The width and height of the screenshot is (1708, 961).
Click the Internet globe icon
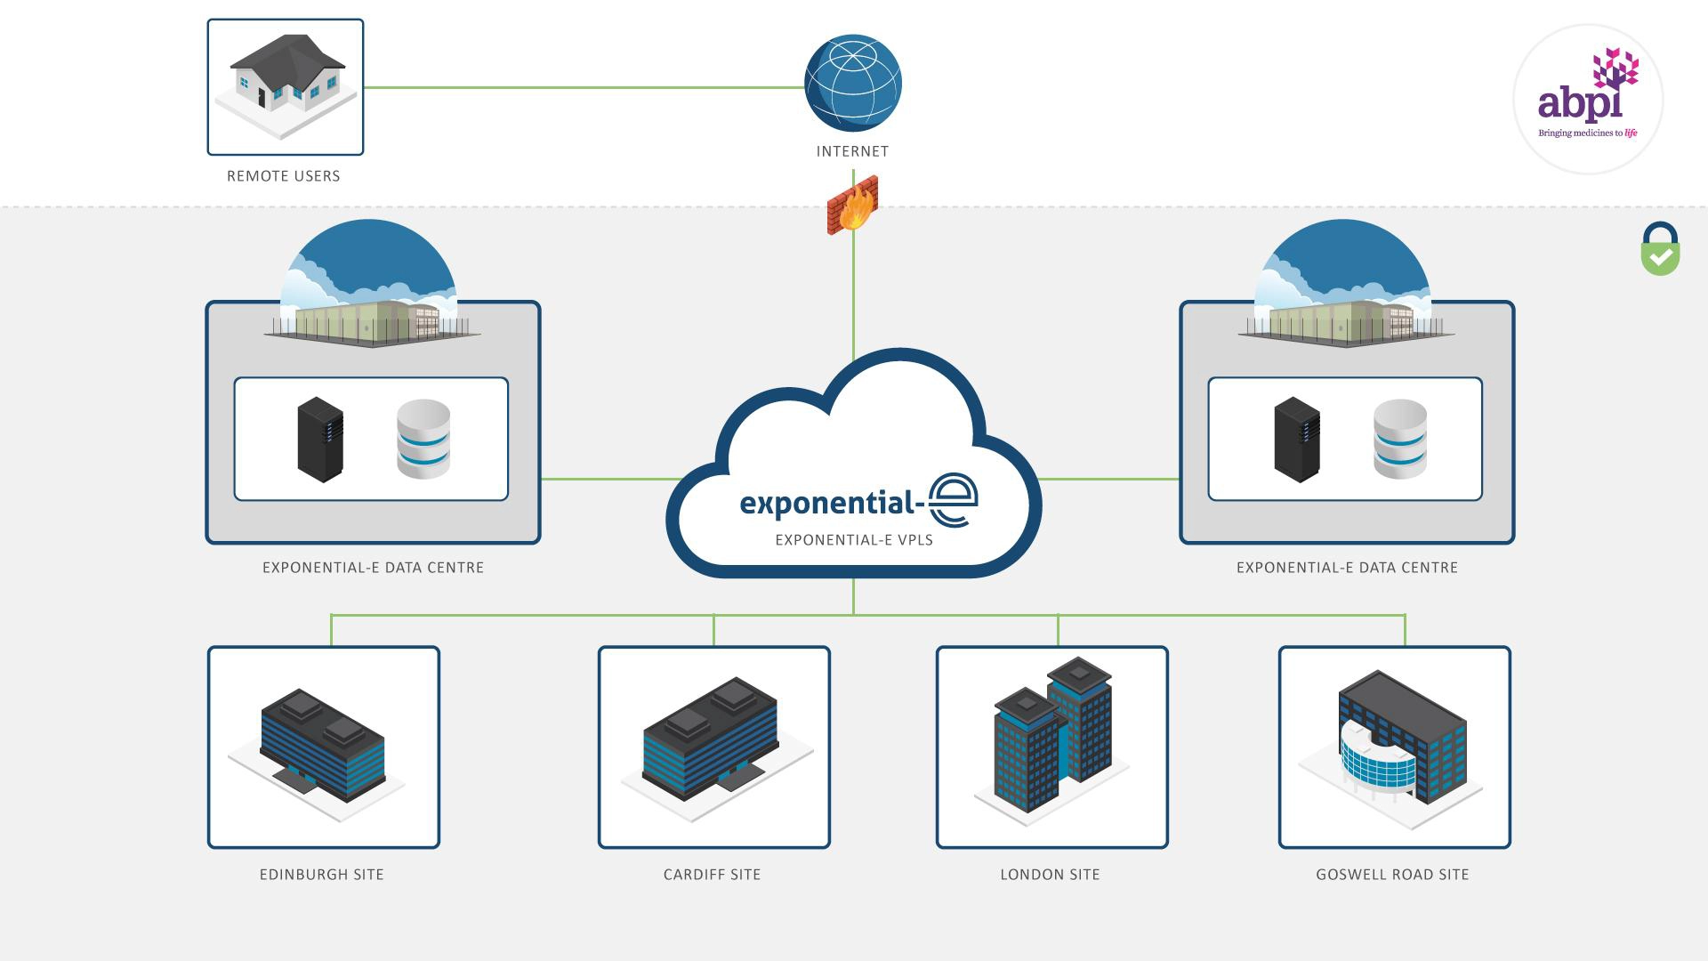coord(852,83)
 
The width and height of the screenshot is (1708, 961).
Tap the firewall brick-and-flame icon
coord(852,206)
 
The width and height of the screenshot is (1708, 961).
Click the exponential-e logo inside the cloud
coord(858,502)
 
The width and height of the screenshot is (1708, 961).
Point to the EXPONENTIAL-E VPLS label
coord(854,539)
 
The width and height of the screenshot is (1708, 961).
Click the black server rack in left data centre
coord(320,440)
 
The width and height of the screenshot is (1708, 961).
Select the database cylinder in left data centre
coord(423,439)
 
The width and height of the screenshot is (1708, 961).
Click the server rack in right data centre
coord(1296,440)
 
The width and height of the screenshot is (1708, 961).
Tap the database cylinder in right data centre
coord(1399,439)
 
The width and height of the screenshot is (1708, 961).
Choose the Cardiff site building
coord(713,739)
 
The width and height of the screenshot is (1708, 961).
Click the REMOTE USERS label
coord(283,176)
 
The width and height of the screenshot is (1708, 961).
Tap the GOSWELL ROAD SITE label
coord(1392,875)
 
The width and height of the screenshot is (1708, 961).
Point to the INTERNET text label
coord(852,151)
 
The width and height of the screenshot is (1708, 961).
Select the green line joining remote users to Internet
coord(583,87)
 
